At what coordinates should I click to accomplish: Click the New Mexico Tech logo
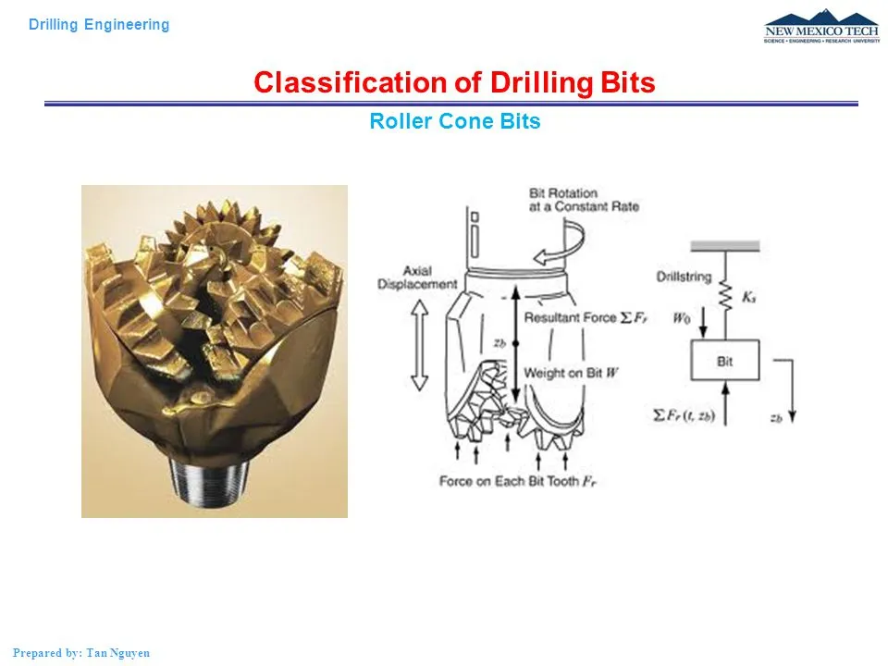click(x=821, y=27)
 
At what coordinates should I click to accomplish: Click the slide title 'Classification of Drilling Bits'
click(x=454, y=83)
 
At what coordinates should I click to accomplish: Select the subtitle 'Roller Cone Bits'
click(x=454, y=121)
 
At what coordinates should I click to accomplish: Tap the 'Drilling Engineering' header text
click(x=99, y=25)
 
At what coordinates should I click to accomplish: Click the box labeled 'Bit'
click(x=725, y=360)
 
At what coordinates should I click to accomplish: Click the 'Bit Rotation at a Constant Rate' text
click(x=584, y=200)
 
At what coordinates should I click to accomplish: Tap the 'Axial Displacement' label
click(x=418, y=277)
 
